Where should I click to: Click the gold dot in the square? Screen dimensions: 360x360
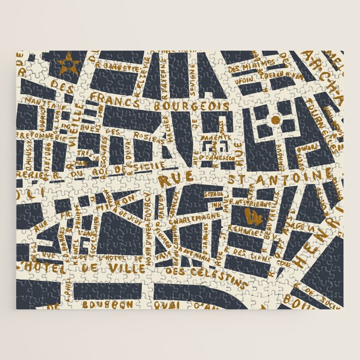(275, 120)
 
